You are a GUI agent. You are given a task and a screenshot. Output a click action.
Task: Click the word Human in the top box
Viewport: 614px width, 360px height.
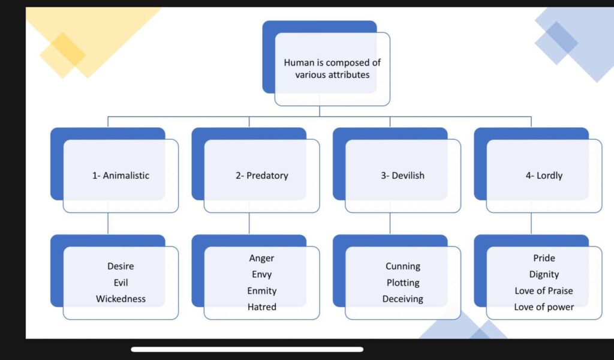tap(297, 62)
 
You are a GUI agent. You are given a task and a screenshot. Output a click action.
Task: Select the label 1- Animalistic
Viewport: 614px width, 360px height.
tap(121, 176)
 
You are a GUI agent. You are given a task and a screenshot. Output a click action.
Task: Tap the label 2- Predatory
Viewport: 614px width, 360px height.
tap(261, 176)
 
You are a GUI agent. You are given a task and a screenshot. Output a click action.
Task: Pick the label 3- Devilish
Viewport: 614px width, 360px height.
tap(402, 176)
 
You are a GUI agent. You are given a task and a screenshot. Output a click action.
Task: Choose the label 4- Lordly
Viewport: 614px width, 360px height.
tap(544, 176)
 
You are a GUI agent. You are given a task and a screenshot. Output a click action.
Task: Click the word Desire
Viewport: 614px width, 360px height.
tap(121, 266)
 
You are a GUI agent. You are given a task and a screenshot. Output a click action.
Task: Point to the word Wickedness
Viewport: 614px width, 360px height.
tap(121, 299)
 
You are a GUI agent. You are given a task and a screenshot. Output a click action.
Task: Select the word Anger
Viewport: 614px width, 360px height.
tap(261, 258)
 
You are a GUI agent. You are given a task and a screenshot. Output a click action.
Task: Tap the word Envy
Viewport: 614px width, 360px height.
tap(261, 274)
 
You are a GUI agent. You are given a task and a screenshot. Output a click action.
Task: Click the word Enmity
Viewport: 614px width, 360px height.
tap(261, 290)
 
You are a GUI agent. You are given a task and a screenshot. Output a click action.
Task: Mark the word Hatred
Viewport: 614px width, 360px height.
tap(261, 307)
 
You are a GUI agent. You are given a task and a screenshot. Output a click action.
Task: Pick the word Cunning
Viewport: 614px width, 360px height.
tap(403, 266)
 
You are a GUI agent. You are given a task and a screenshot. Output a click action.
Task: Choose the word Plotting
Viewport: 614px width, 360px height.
tap(403, 283)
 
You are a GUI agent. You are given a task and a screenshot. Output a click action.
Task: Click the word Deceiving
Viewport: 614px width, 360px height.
tap(403, 299)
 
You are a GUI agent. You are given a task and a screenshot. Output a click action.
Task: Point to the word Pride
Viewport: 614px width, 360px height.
tap(544, 258)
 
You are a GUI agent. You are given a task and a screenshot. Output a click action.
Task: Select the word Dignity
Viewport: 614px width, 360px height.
tap(544, 274)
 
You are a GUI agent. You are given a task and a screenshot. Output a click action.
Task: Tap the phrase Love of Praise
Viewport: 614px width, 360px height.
tap(544, 290)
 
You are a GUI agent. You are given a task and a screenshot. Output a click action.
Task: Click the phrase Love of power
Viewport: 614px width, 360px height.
tap(544, 307)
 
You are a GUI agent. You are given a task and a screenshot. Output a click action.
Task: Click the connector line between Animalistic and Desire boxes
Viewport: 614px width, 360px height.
tap(108, 223)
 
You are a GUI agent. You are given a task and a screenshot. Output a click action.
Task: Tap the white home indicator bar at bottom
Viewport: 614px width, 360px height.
tap(247, 349)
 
